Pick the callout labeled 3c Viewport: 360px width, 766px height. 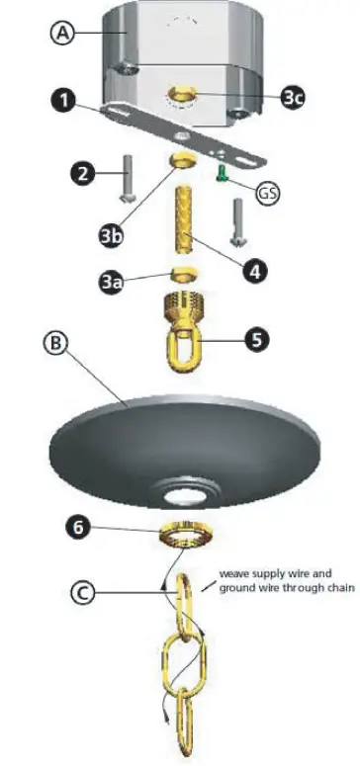[292, 97]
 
